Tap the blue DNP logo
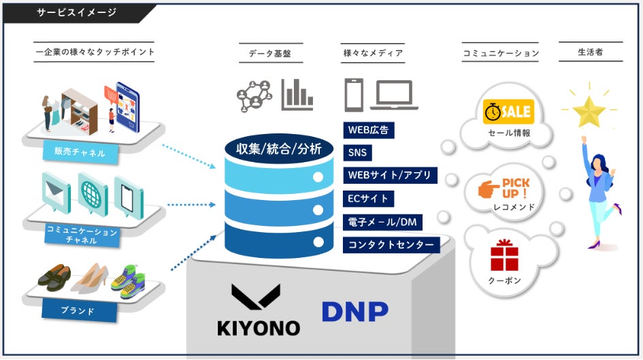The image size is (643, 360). (355, 311)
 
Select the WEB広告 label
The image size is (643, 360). (369, 129)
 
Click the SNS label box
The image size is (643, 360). (357, 152)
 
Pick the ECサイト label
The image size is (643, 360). (368, 199)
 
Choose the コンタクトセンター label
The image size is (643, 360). (391, 244)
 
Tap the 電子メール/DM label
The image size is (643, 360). (382, 222)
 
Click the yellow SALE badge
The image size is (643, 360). (508, 112)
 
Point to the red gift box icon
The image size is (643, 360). (504, 255)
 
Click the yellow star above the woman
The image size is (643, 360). (589, 110)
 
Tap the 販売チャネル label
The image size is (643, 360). (80, 152)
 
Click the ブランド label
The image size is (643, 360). (77, 312)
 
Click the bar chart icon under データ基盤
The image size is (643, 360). (297, 95)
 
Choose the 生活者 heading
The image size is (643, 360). (590, 52)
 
